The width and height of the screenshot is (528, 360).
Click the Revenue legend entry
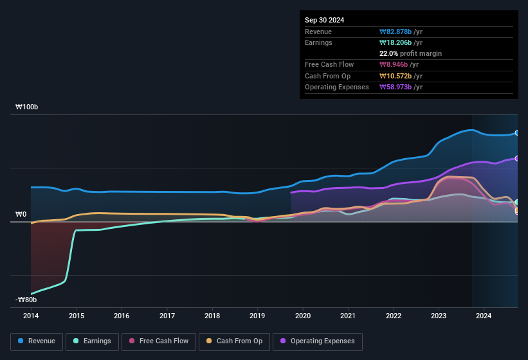37,341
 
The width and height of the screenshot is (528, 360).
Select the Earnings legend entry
92,341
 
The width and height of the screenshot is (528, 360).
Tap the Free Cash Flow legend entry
159,341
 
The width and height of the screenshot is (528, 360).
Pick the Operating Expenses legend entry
317,341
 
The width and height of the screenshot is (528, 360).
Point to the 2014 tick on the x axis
31,316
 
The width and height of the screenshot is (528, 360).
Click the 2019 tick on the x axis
257,316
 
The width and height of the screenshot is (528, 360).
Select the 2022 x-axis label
394,316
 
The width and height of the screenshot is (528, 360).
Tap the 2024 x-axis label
484,316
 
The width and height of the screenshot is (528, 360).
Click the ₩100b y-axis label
27,107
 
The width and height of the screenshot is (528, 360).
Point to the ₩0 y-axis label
21,214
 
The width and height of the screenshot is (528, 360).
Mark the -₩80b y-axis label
26,300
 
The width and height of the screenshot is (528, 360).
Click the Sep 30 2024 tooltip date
324,20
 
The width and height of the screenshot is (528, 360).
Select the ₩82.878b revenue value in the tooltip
401,32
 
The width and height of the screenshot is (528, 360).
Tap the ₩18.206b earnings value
401,42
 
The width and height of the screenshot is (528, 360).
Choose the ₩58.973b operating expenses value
401,87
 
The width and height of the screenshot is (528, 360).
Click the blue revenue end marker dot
517,133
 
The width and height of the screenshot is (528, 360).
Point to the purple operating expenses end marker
517,158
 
